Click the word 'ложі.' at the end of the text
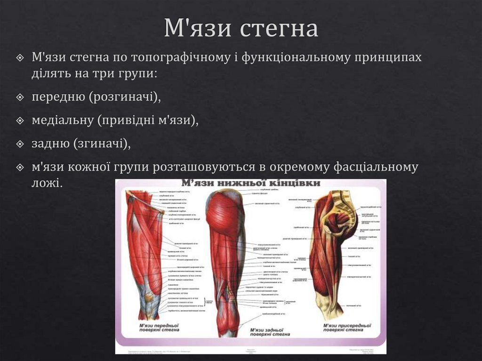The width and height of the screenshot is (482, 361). [47, 182]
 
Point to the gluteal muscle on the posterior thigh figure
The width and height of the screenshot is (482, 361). [224, 212]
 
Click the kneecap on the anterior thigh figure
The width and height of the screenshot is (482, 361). [149, 297]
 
